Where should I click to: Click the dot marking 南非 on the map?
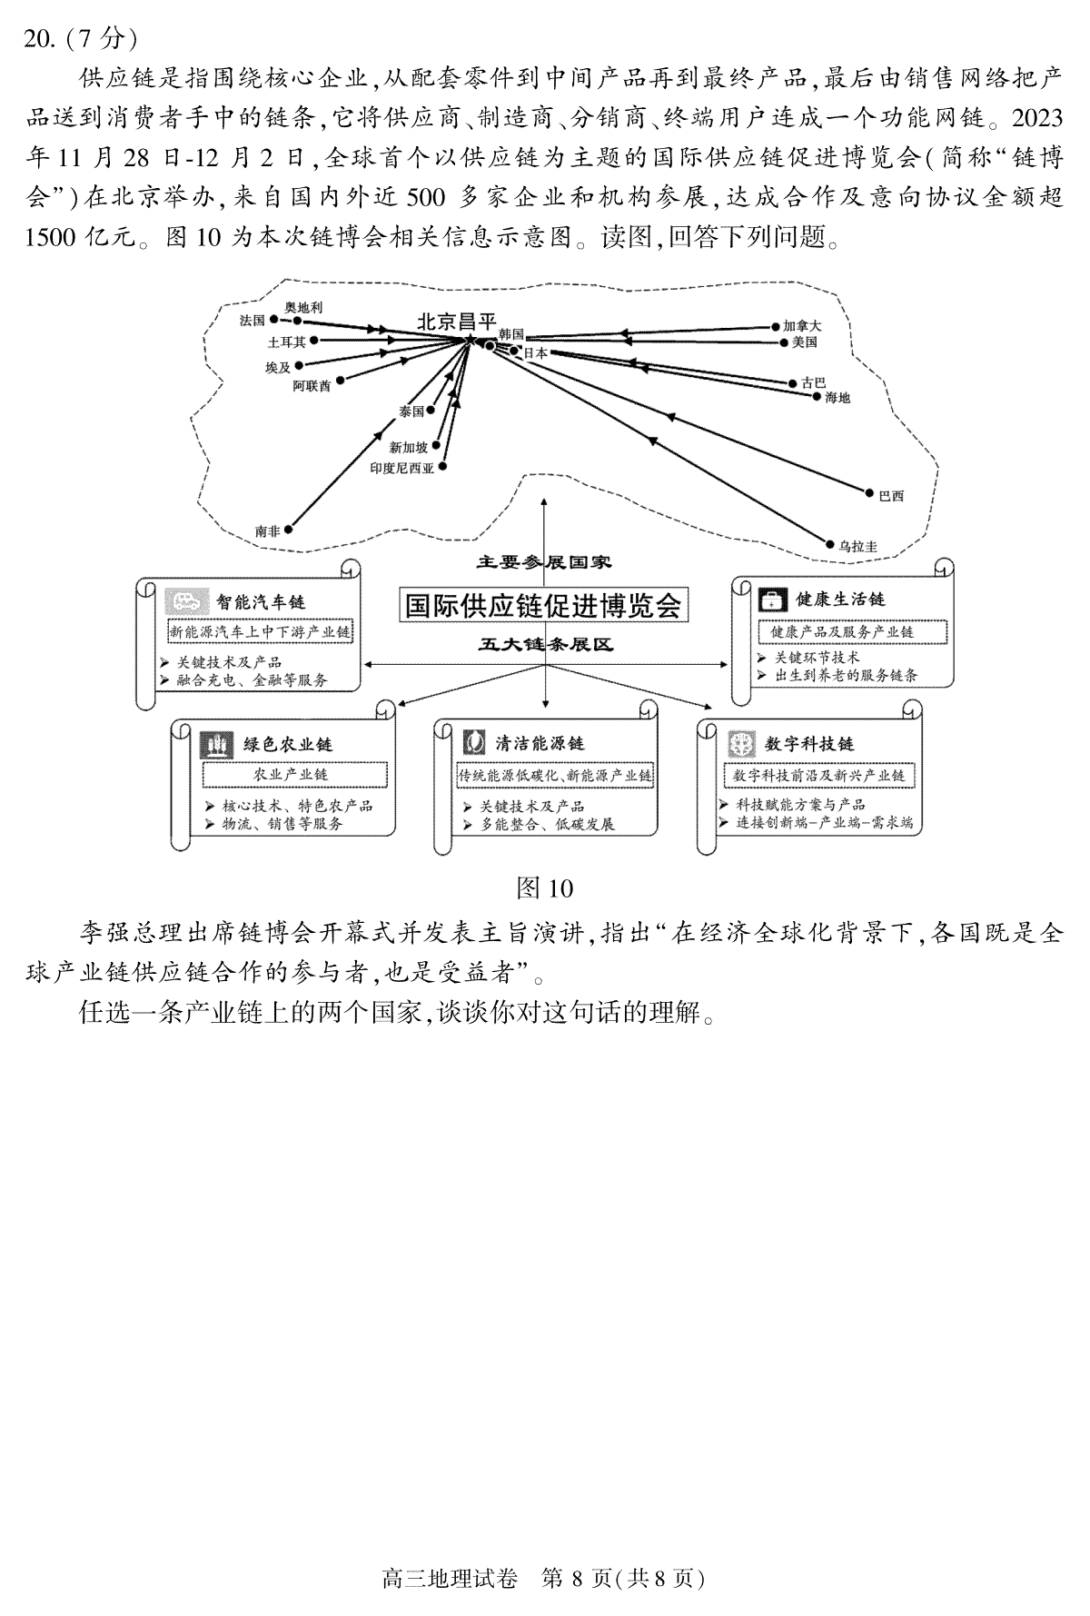(x=289, y=528)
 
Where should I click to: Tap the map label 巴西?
(x=891, y=496)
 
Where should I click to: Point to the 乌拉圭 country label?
(x=857, y=546)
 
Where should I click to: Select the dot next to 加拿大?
(x=775, y=325)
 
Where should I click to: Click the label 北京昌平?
(x=457, y=322)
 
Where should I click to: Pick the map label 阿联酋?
(x=312, y=386)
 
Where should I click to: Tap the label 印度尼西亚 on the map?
(x=401, y=468)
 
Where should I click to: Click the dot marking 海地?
(x=817, y=397)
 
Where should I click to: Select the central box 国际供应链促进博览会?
(x=543, y=605)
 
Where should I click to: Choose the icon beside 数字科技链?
(x=742, y=744)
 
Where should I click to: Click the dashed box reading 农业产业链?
(x=295, y=775)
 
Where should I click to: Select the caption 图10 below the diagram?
(x=544, y=887)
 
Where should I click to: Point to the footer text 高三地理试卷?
(x=451, y=1579)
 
